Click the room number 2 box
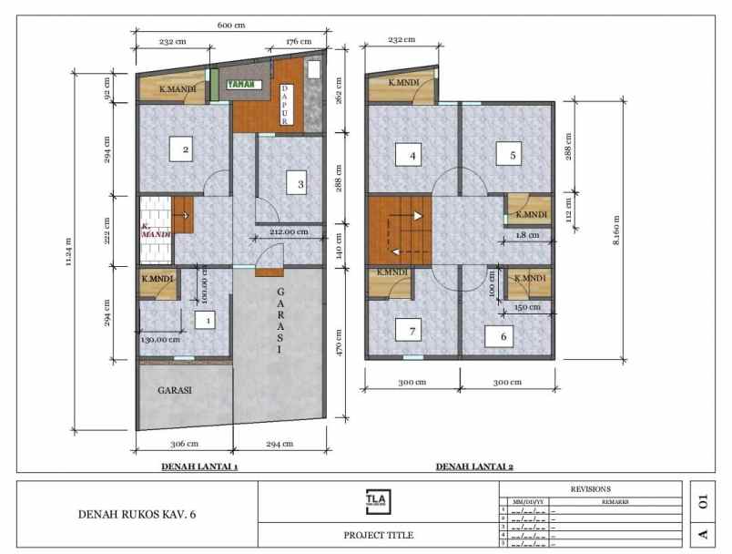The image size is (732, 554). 185,149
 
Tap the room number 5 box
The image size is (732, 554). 513,156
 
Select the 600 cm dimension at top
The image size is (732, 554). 229,26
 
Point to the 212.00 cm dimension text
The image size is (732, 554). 291,231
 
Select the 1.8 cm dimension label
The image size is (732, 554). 527,235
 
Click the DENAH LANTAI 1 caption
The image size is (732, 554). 198,467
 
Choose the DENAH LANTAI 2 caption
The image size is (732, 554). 474,467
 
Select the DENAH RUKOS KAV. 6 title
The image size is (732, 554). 137,515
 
